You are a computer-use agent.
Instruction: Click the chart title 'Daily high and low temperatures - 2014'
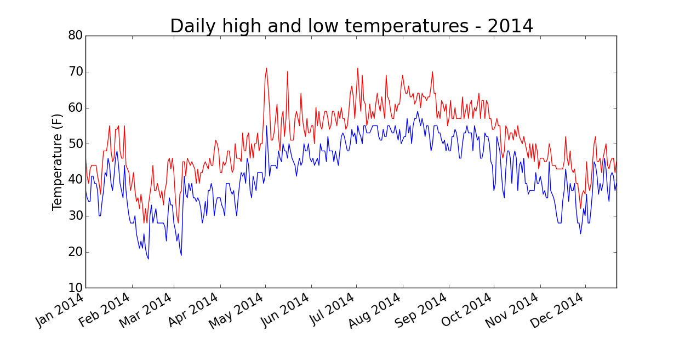pos(351,26)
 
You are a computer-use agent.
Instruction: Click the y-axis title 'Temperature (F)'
pos(58,162)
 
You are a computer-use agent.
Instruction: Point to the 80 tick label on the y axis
pos(75,36)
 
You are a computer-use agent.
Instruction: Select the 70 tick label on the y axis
pos(75,72)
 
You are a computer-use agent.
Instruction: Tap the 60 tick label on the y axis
pos(75,108)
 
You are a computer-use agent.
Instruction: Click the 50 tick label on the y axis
pos(75,144)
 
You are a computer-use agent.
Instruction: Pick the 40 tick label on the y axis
pos(75,180)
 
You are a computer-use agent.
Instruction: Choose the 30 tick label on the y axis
pos(75,216)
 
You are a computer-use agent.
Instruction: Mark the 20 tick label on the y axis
pos(75,252)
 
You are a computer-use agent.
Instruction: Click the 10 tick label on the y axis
pos(75,288)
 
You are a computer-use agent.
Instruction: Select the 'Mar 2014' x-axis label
pos(150,310)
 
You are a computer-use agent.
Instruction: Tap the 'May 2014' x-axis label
pos(241,310)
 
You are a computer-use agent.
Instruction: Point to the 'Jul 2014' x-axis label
pos(331,310)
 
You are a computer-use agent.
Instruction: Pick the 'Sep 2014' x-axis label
pos(424,310)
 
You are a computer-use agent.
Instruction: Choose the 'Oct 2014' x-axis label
pos(469,310)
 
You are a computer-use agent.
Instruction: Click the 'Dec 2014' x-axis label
pos(561,310)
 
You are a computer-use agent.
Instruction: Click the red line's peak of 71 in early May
pos(266,68)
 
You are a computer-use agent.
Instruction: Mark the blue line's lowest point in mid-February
pos(148,259)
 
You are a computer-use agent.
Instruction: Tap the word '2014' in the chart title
pos(511,26)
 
